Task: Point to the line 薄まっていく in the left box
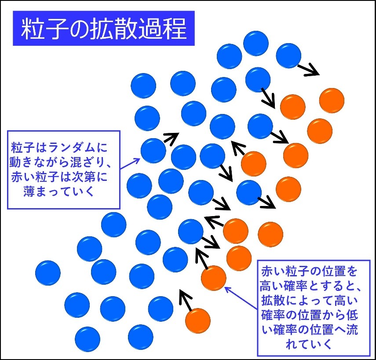pyautogui.click(x=58, y=191)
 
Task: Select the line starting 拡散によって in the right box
pyautogui.click(x=310, y=300)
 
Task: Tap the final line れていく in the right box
pyautogui.click(x=309, y=343)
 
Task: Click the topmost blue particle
pyautogui.click(x=256, y=44)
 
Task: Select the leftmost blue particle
pyautogui.click(x=48, y=273)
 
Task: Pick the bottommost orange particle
pyautogui.click(x=198, y=321)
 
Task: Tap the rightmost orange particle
pyautogui.click(x=332, y=100)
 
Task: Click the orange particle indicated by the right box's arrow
pyautogui.click(x=213, y=278)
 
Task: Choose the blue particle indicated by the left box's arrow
pyautogui.click(x=153, y=151)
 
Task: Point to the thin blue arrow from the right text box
pyautogui.click(x=241, y=298)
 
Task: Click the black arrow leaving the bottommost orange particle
pyautogui.click(x=186, y=301)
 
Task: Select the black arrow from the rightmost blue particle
pyautogui.click(x=309, y=70)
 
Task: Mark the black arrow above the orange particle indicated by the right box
pyautogui.click(x=202, y=259)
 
